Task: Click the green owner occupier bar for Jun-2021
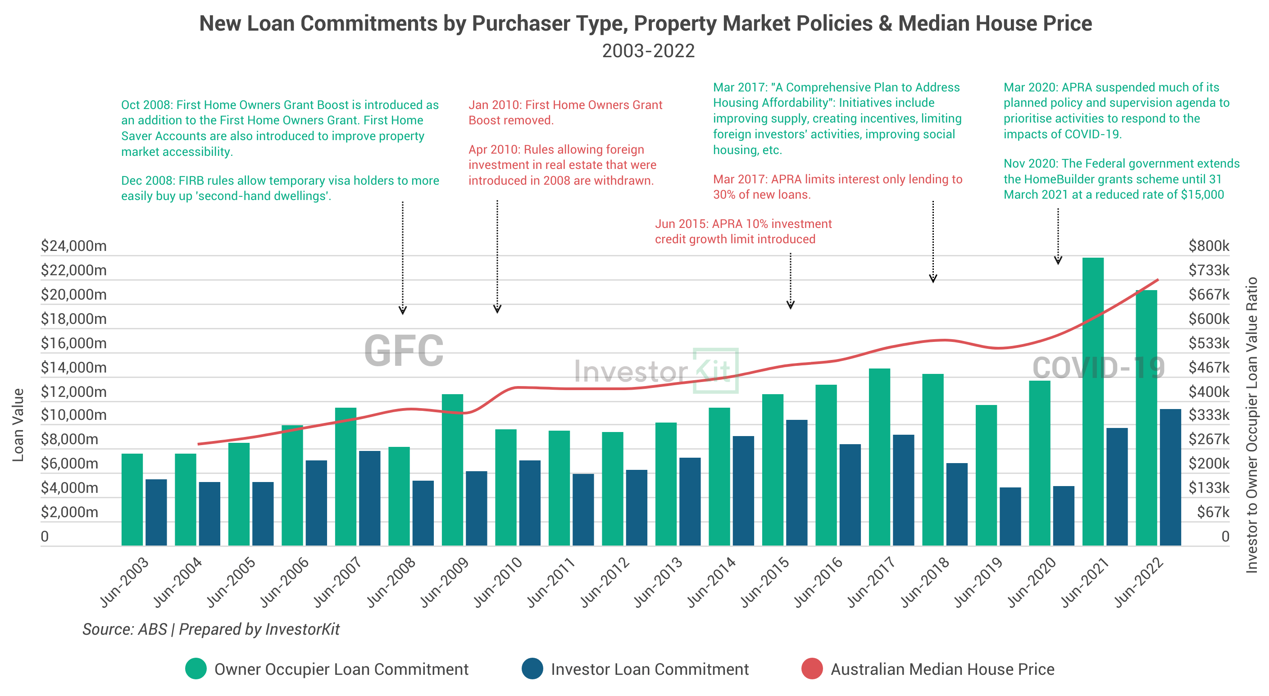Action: coord(1093,401)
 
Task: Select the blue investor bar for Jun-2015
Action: coord(796,483)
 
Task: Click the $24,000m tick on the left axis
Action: coord(73,246)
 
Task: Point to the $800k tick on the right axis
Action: coord(1208,246)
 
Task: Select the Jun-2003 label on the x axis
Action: coord(124,582)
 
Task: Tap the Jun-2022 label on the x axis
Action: coord(1138,582)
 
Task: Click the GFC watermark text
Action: coord(404,351)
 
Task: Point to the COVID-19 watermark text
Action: coord(1098,368)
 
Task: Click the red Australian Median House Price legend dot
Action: coord(812,669)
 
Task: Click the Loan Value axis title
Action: coord(18,425)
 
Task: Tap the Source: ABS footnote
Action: coord(211,629)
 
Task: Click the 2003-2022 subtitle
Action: coord(648,51)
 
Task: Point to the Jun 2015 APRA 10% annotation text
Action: coord(743,232)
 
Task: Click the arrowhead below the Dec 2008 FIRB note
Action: coord(402,310)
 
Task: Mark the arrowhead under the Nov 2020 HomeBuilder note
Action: coord(1058,260)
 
